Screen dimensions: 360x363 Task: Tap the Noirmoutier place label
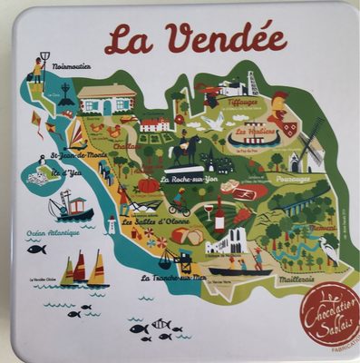(x=73, y=66)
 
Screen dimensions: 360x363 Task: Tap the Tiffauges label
(x=244, y=103)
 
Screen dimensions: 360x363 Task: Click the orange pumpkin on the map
(x=148, y=185)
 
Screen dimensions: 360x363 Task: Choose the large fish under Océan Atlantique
(x=35, y=249)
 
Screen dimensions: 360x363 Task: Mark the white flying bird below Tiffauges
(x=215, y=121)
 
